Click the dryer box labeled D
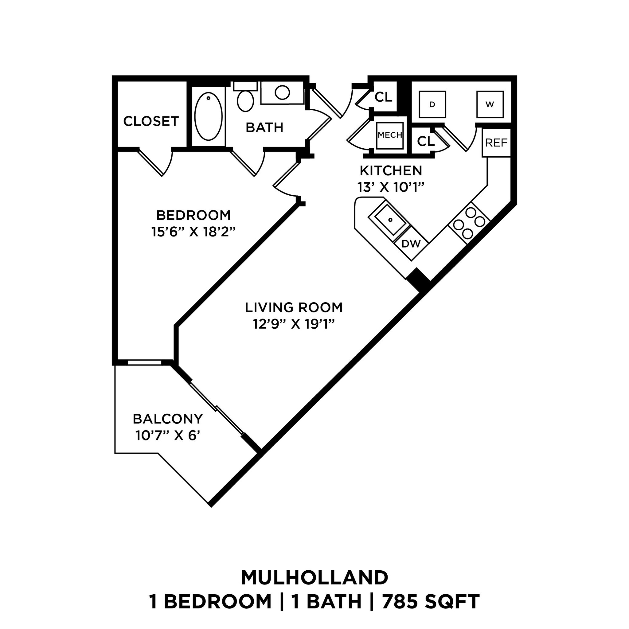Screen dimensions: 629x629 coord(432,104)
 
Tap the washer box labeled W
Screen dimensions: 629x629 coord(490,104)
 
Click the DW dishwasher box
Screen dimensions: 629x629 coord(411,244)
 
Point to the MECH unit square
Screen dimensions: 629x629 coord(390,135)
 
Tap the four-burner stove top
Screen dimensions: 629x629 coord(469,223)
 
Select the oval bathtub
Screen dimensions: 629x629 coord(208,116)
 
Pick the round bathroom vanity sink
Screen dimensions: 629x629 coord(282,92)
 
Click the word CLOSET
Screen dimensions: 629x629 coord(151,121)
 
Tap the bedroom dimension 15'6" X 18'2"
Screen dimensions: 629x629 coord(193,232)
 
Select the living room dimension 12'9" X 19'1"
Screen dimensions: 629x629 coord(294,324)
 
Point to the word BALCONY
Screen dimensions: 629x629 coord(168,419)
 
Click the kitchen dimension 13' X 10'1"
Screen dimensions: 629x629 coord(391,187)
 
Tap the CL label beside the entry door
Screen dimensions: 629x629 coord(384,97)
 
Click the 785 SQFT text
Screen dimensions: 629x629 coord(431,602)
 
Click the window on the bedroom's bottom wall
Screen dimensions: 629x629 coord(144,362)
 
